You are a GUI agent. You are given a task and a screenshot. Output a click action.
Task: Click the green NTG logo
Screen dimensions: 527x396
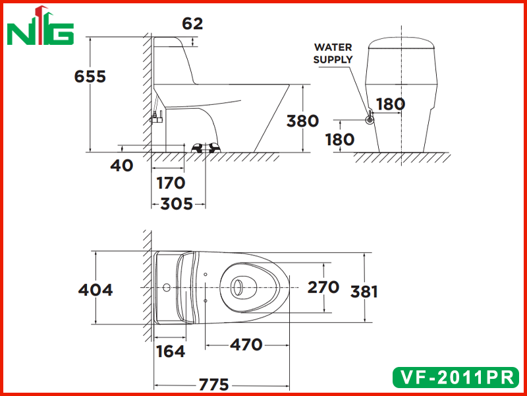pyautogui.click(x=40, y=26)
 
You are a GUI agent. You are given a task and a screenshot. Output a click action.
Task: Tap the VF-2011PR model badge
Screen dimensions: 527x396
pyautogui.click(x=456, y=377)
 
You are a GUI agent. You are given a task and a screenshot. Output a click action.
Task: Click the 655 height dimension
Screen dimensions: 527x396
pyautogui.click(x=90, y=77)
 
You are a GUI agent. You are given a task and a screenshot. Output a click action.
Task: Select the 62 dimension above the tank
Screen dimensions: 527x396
pyautogui.click(x=192, y=24)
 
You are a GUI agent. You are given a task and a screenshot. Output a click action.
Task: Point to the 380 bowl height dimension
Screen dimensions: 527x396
pyautogui.click(x=302, y=121)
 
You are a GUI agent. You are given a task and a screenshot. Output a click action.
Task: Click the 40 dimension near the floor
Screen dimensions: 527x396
pyautogui.click(x=122, y=166)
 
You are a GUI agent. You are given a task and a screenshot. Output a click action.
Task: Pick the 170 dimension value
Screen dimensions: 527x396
pyautogui.click(x=171, y=183)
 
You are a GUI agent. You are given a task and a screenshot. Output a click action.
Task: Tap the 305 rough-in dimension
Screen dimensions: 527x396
pyautogui.click(x=177, y=204)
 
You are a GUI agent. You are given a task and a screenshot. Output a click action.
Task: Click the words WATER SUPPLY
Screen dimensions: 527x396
pyautogui.click(x=333, y=53)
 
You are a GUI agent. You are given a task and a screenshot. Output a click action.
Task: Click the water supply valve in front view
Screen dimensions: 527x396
pyautogui.click(x=370, y=119)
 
